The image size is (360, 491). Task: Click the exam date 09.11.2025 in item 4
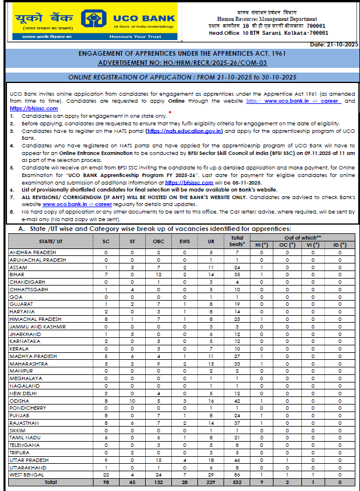(314, 152)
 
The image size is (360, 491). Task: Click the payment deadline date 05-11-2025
(231, 182)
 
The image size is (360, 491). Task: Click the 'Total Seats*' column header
(237, 241)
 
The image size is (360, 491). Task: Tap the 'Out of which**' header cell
(302, 238)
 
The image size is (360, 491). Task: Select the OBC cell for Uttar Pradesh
(158, 460)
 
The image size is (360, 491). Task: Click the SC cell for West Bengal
(105, 475)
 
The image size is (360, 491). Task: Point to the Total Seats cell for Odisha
(237, 400)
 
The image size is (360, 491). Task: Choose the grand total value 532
(237, 482)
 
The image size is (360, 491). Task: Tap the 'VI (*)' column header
(314, 245)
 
